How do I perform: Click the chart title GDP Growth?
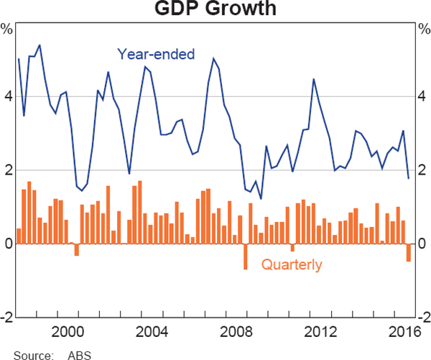point(215,10)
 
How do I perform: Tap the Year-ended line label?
point(156,54)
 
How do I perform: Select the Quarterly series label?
point(292,265)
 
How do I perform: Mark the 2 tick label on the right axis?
point(422,170)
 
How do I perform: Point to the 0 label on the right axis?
point(422,244)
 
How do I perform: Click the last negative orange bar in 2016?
point(409,252)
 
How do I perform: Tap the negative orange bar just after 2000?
point(77,249)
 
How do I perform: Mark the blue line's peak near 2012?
point(313,79)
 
